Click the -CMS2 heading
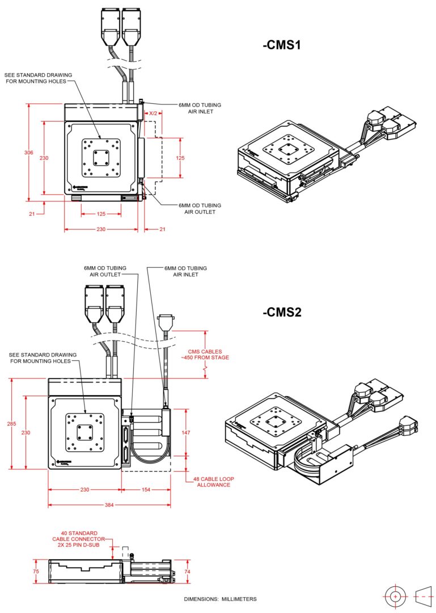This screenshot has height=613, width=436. (x=281, y=312)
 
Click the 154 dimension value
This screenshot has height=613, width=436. (x=146, y=489)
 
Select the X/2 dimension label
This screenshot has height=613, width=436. (x=153, y=114)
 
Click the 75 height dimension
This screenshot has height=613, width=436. (x=36, y=572)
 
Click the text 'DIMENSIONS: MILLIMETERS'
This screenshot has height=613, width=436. (x=220, y=599)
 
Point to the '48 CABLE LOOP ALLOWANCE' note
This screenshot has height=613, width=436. (x=214, y=482)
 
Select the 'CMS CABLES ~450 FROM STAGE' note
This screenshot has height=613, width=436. (x=209, y=355)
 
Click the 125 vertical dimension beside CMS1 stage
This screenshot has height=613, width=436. (x=180, y=158)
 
